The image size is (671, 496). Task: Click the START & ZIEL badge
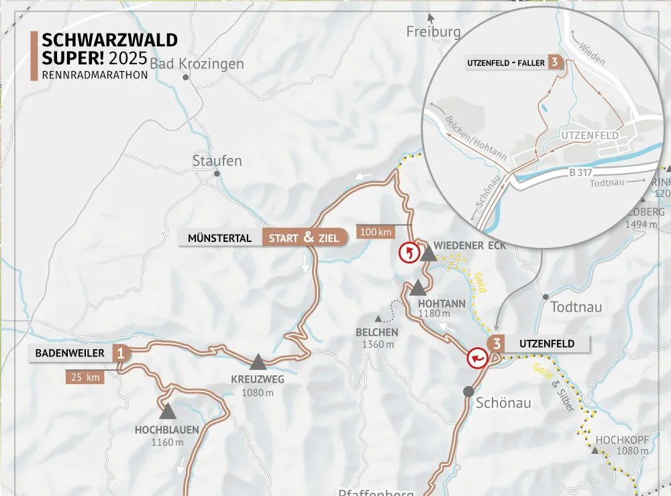[x=303, y=237]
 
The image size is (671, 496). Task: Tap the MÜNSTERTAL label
[x=220, y=238]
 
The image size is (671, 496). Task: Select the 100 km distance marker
[x=375, y=233]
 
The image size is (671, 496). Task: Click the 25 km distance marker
[x=85, y=377]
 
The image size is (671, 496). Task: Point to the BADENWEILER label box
[x=70, y=353]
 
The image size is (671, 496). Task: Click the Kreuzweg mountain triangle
[x=258, y=363]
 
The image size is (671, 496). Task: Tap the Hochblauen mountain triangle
[x=167, y=411]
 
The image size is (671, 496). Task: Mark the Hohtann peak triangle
[x=418, y=288]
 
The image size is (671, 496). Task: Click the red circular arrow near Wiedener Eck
[x=408, y=253]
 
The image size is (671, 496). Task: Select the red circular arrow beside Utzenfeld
[x=478, y=359]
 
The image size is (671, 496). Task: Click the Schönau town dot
[x=468, y=391]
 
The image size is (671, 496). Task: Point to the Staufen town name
[x=217, y=161]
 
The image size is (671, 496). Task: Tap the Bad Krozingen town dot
[x=186, y=77]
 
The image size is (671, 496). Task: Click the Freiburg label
[x=434, y=32]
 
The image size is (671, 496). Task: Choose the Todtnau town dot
[x=546, y=296]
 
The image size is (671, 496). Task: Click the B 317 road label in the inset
[x=582, y=172]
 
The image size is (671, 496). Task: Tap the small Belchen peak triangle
[x=378, y=318]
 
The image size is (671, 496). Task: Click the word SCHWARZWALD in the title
[x=109, y=40]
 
